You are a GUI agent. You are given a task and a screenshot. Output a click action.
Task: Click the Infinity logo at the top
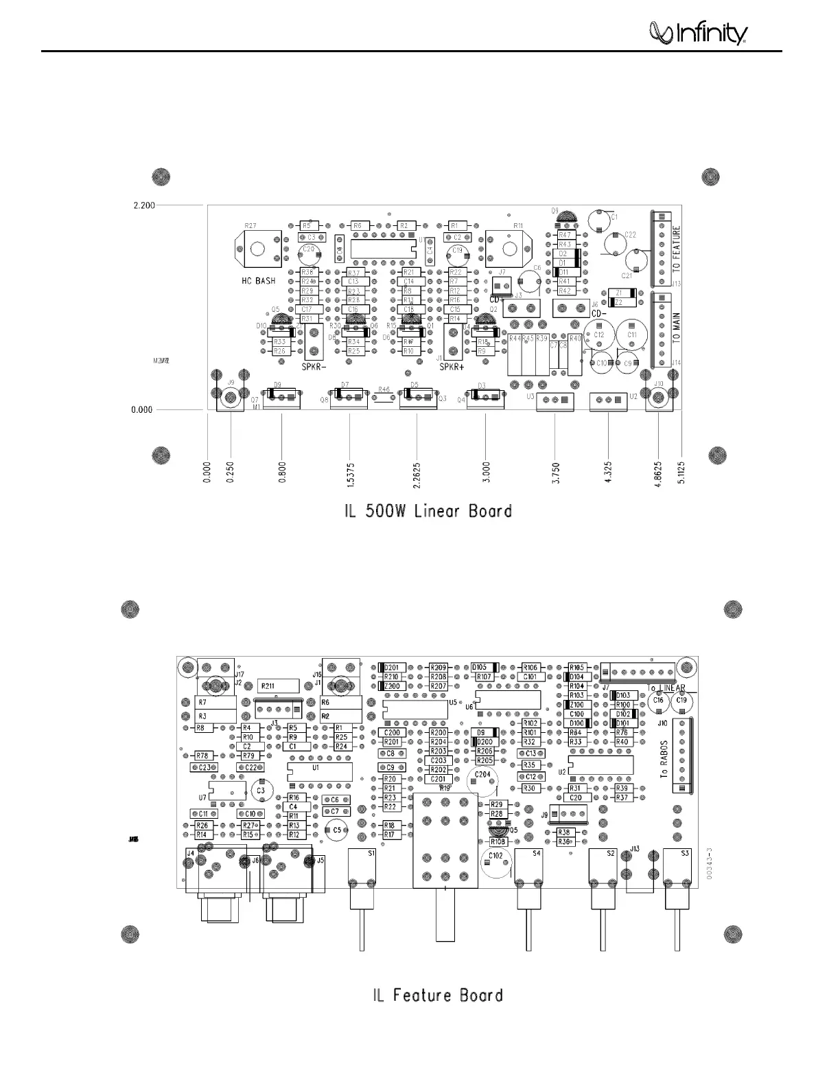699,33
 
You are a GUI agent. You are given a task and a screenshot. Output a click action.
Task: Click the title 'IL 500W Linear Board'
428,511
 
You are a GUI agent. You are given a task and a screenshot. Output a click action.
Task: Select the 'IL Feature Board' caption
438,995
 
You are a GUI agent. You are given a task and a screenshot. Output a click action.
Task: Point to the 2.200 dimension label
144,205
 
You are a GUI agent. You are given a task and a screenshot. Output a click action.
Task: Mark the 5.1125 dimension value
682,471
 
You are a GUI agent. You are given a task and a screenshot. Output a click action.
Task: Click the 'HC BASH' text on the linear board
258,281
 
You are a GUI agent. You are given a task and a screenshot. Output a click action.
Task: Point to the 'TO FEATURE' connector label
676,248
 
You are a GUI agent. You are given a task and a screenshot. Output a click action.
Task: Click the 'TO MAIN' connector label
676,329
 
